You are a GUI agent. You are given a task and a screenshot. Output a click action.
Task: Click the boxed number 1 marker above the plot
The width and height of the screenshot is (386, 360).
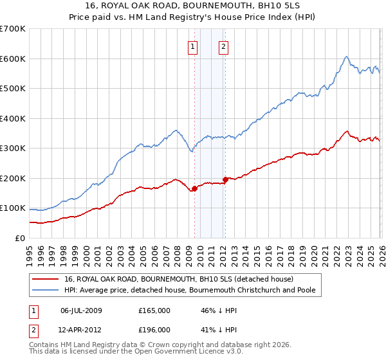(x=193, y=46)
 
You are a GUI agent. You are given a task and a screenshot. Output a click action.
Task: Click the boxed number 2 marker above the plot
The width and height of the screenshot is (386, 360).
(x=223, y=46)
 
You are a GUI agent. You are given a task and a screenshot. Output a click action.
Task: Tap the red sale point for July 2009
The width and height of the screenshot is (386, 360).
(x=194, y=188)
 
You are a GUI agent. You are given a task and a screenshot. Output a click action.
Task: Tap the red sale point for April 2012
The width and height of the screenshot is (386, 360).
(x=225, y=179)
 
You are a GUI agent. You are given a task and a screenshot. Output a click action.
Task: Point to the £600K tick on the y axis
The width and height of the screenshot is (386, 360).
(x=13, y=59)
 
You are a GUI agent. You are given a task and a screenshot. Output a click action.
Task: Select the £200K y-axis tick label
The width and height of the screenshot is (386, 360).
(x=13, y=178)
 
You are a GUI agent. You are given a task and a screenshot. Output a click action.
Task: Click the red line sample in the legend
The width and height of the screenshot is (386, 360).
(x=46, y=280)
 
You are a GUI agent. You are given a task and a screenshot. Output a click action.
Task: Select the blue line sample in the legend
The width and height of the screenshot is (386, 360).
(x=46, y=291)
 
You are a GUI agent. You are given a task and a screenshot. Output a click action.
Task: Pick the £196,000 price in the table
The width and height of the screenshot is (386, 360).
(x=154, y=330)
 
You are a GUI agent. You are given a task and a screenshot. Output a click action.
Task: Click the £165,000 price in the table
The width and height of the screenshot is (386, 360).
(x=154, y=310)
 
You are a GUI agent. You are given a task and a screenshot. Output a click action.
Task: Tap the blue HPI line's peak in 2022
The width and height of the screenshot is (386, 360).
(x=346, y=57)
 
